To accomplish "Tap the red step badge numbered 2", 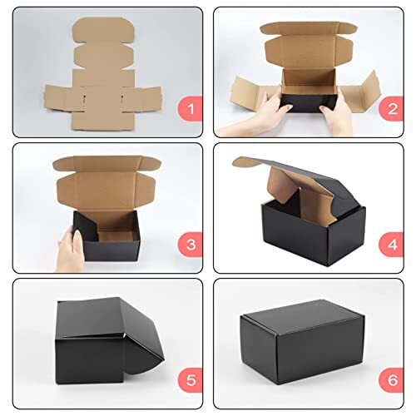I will pos(390,108).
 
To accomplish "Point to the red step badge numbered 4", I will pos(390,244).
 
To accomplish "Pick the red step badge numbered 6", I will pos(390,381).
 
